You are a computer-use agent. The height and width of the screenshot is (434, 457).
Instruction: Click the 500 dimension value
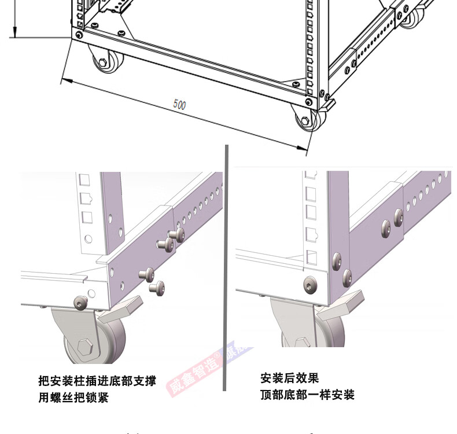click(180, 105)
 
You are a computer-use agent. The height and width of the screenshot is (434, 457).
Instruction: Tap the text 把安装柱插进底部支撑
click(97, 381)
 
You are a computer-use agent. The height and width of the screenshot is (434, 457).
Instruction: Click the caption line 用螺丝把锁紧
click(73, 398)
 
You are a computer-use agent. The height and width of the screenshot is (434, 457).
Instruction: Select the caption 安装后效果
click(289, 378)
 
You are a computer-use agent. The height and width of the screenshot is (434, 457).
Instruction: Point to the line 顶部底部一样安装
click(307, 395)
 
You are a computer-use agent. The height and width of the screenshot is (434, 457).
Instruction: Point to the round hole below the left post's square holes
click(87, 238)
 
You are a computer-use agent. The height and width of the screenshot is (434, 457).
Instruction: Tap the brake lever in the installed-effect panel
click(341, 304)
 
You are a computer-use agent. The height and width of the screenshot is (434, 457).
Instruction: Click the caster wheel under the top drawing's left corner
click(107, 61)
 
